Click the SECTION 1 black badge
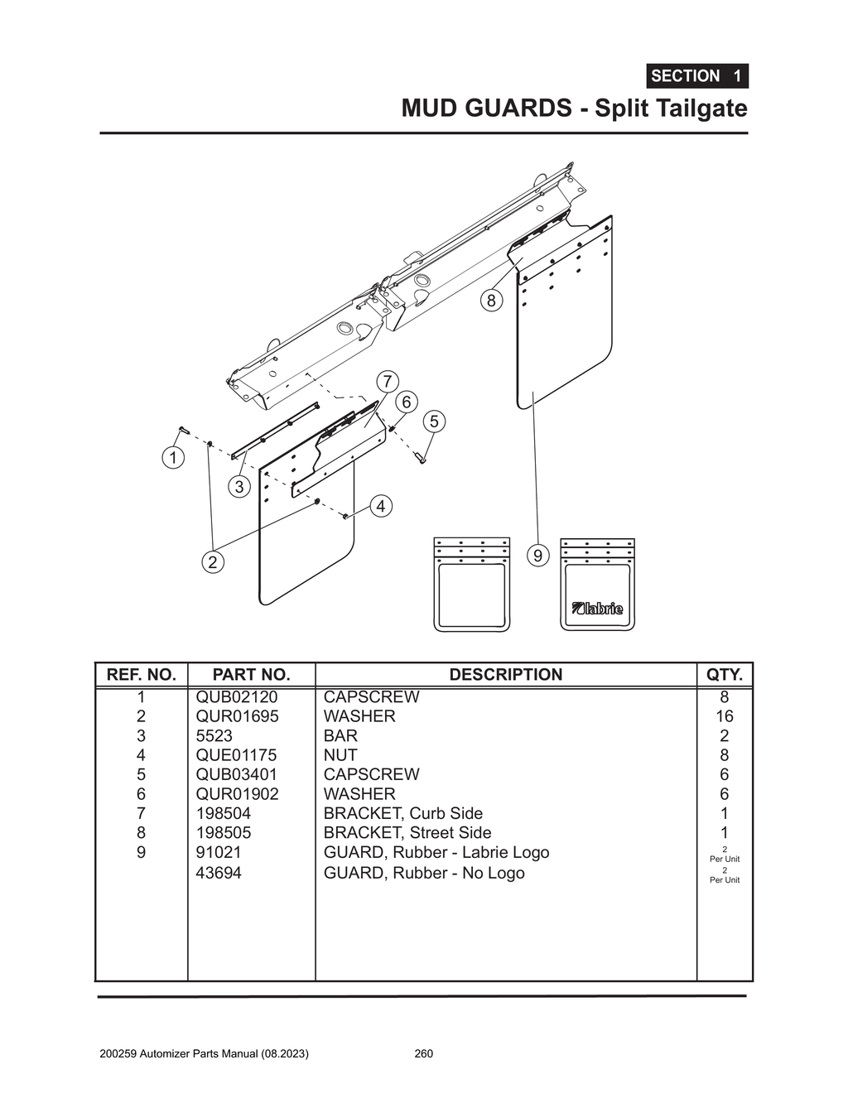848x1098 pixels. click(696, 76)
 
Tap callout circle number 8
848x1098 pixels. click(491, 301)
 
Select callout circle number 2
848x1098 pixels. click(213, 562)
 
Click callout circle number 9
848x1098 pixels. click(537, 556)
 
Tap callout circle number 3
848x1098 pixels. click(239, 487)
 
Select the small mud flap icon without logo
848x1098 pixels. click(471, 585)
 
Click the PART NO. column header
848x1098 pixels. click(251, 675)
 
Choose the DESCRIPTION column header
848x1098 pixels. click(505, 675)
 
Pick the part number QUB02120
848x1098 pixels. click(236, 697)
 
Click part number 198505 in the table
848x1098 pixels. click(223, 833)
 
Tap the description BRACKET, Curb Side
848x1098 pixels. click(402, 813)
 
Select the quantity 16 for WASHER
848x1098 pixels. click(724, 716)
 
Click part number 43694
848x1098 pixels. click(218, 873)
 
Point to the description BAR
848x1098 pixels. click(340, 736)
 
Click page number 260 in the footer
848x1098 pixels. click(423, 1054)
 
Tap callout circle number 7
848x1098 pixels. click(387, 382)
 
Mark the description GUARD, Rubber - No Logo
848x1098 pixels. click(423, 873)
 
